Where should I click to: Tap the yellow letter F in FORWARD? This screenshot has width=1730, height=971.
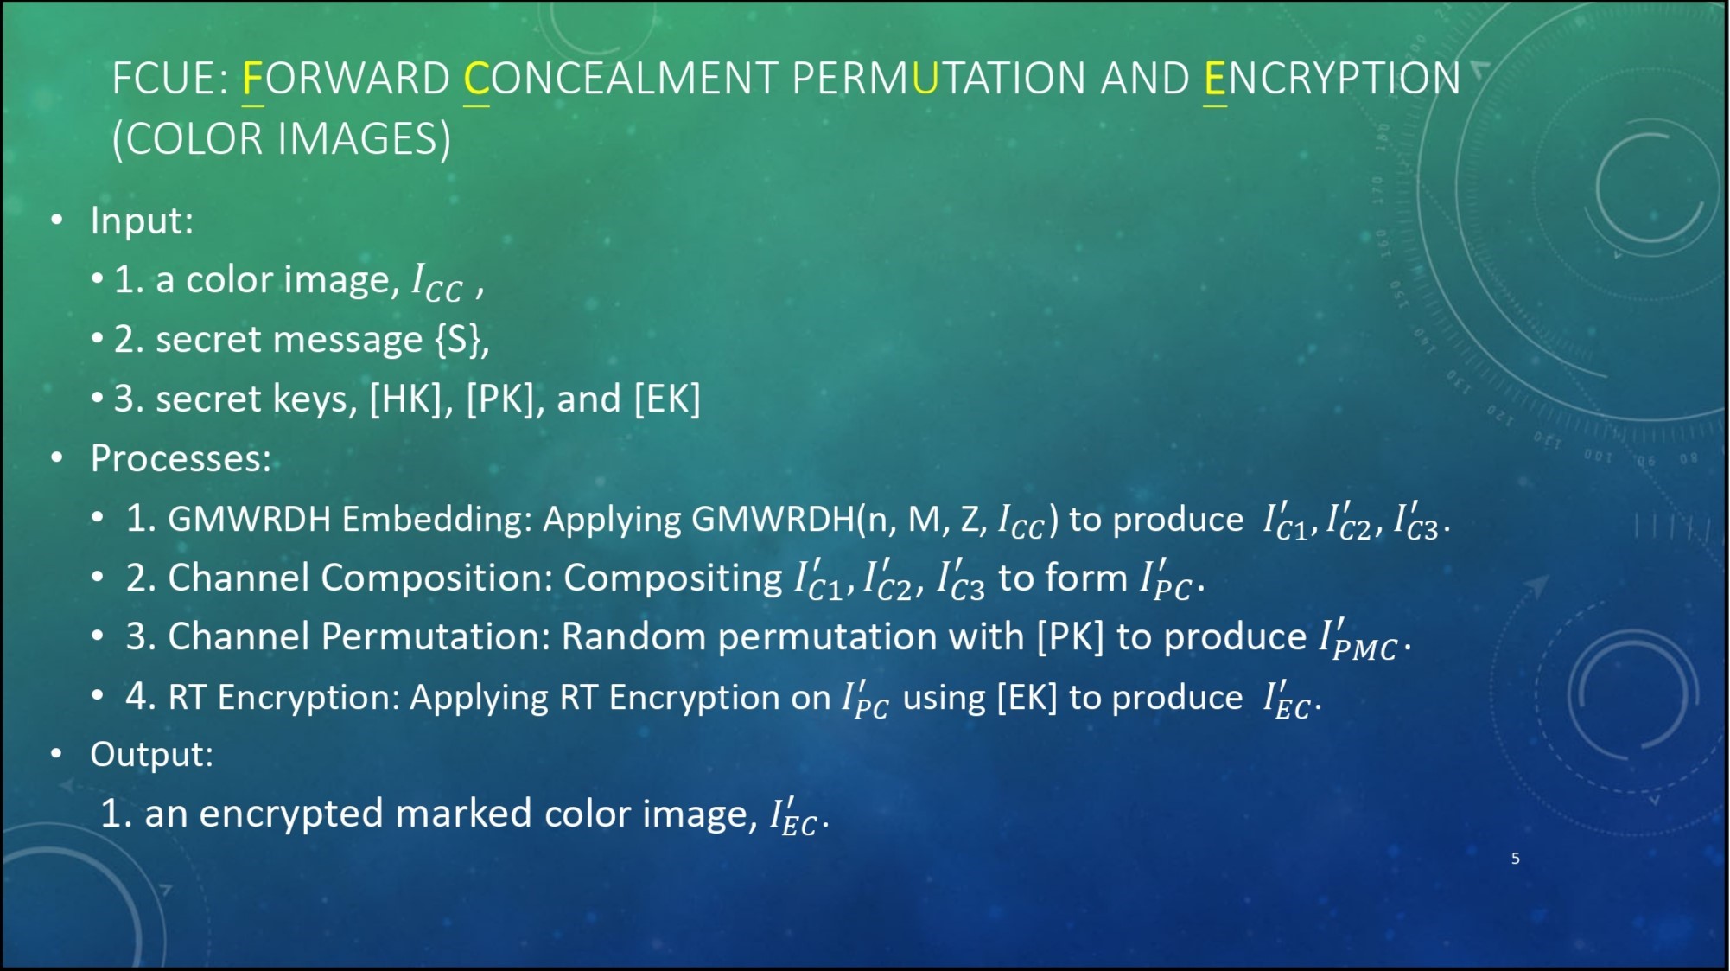coord(252,79)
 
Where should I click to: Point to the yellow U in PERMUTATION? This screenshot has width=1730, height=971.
coord(925,79)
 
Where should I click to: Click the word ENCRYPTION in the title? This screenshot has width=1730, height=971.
coord(1332,79)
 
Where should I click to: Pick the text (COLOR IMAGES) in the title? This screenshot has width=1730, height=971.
coord(282,139)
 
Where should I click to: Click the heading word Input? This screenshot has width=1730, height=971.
coord(142,220)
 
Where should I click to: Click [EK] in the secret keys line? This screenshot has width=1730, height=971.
coord(667,399)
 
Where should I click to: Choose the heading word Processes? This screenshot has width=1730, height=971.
coord(181,458)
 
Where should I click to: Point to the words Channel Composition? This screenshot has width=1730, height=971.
coord(359,578)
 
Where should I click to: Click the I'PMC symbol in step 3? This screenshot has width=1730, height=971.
coord(1358,641)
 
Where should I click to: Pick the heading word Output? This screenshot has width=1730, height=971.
coord(151,754)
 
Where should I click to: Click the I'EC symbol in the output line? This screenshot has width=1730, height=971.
coord(793,816)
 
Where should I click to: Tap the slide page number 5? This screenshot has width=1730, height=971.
coord(1516,858)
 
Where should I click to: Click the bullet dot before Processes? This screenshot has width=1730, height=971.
coord(57,457)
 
